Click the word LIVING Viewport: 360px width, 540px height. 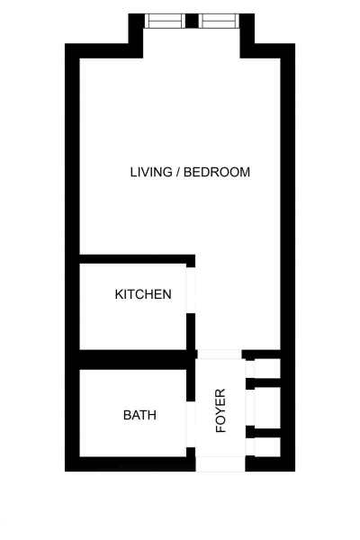click(x=151, y=172)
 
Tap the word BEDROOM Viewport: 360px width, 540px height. click(x=217, y=172)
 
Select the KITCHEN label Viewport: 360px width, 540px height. click(x=143, y=294)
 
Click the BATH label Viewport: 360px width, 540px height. click(x=139, y=415)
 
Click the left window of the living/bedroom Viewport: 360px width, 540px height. click(x=166, y=21)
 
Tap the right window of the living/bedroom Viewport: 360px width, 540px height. click(x=219, y=21)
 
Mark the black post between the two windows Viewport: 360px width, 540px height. click(x=192, y=21)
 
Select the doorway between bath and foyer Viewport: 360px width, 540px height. click(x=191, y=425)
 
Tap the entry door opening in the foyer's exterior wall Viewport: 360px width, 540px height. click(x=220, y=463)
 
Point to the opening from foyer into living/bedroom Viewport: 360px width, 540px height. click(x=220, y=354)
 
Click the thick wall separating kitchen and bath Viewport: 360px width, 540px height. click(x=135, y=359)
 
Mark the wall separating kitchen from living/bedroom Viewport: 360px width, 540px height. click(x=135, y=259)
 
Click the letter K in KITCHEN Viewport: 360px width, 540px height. click(x=119, y=294)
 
